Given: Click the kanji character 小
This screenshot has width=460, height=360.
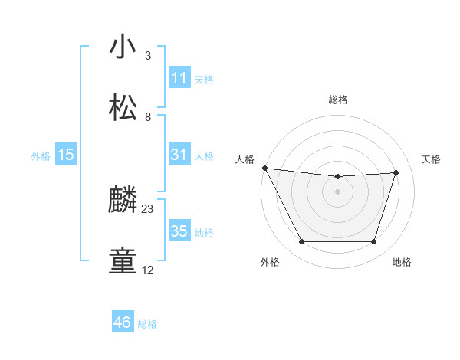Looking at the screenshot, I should click(x=123, y=47).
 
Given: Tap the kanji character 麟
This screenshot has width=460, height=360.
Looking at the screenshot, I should click(x=123, y=201).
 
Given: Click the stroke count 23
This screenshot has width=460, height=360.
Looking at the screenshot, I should click(x=148, y=208).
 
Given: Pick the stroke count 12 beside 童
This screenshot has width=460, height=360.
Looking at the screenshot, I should click(x=148, y=270).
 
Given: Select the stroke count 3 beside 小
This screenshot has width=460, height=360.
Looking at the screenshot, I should click(x=148, y=55).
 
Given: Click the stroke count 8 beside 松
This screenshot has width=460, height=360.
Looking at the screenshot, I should click(x=148, y=116).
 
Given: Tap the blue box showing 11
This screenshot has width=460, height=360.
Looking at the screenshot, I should click(x=179, y=78).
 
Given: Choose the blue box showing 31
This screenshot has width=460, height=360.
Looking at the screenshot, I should click(x=179, y=155).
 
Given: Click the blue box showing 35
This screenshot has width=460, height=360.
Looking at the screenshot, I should click(x=179, y=231).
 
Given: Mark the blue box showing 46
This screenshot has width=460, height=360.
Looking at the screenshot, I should click(x=123, y=322).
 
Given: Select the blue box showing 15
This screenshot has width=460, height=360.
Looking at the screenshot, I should click(x=66, y=155).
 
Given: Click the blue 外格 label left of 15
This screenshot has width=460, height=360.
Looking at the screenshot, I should click(x=41, y=155).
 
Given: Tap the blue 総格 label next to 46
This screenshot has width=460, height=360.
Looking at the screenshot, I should click(x=147, y=324).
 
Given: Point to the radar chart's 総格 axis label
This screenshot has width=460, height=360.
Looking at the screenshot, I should click(x=338, y=100).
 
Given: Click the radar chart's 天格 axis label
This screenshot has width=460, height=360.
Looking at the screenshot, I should click(x=431, y=159).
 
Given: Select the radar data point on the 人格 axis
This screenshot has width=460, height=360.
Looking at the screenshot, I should click(x=264, y=168).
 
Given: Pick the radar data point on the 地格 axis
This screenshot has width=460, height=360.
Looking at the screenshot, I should click(x=374, y=242).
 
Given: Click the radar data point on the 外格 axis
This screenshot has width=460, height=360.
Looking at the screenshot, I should click(x=301, y=242).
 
